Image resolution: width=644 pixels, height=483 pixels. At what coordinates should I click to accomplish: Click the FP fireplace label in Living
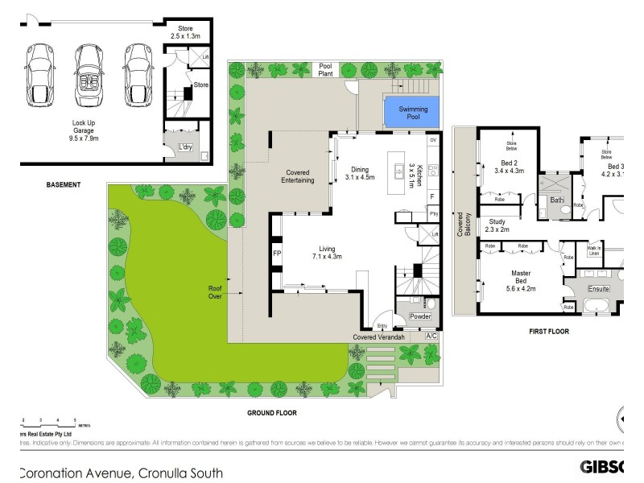coord(277,254)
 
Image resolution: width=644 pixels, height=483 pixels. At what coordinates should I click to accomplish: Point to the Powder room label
coord(420,317)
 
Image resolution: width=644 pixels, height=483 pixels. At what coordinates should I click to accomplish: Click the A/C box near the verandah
coord(431,336)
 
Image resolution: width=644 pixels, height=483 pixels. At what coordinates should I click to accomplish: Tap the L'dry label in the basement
coord(186,147)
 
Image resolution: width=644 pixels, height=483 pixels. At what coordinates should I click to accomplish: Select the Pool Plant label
coord(326,71)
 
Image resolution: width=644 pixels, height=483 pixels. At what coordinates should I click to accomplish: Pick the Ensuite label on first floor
coord(599,288)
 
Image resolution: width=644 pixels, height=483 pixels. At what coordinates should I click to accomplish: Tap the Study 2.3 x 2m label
coord(497,225)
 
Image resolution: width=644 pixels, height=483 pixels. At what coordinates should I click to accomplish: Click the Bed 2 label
coord(509,166)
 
